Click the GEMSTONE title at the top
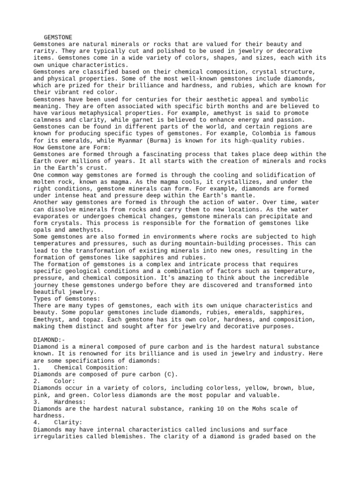pos(58,37)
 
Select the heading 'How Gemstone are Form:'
pos(72,148)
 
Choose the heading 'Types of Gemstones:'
pos(67,299)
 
